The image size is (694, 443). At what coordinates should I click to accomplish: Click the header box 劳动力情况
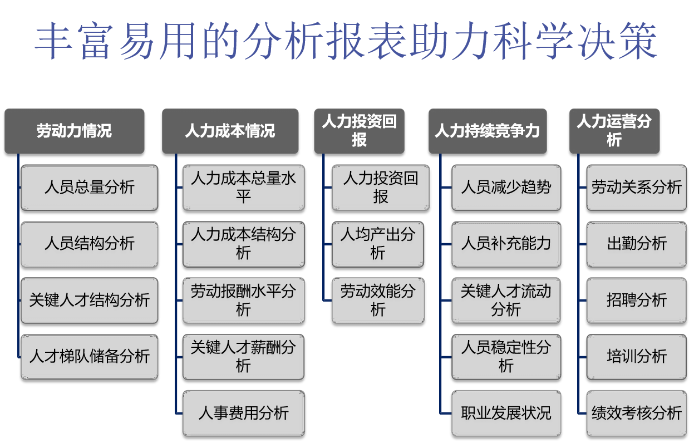[74, 131]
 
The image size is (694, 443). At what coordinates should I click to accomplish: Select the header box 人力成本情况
[230, 131]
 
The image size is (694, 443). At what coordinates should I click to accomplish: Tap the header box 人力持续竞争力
[487, 131]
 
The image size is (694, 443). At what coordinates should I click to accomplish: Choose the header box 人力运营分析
[614, 131]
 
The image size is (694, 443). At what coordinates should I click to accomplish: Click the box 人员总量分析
[90, 188]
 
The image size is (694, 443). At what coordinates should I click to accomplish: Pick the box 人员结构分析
[90, 244]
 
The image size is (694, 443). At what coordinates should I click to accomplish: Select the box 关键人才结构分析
[90, 301]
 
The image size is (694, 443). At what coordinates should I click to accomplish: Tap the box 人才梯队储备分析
[90, 357]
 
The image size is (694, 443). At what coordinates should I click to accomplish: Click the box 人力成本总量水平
[243, 188]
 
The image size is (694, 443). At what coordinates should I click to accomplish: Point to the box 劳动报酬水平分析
[243, 301]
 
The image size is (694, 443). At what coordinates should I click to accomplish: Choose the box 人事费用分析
[243, 413]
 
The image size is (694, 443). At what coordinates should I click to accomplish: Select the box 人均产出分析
[378, 244]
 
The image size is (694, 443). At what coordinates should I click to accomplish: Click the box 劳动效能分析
[378, 301]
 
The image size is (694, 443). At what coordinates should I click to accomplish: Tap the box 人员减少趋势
[506, 188]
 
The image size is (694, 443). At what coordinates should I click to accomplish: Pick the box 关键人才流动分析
[506, 301]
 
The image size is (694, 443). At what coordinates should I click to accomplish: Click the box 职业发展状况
[506, 413]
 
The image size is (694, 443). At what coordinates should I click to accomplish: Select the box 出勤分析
[636, 244]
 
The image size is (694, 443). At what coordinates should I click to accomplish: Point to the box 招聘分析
[636, 301]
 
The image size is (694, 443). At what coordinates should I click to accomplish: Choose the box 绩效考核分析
[636, 413]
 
